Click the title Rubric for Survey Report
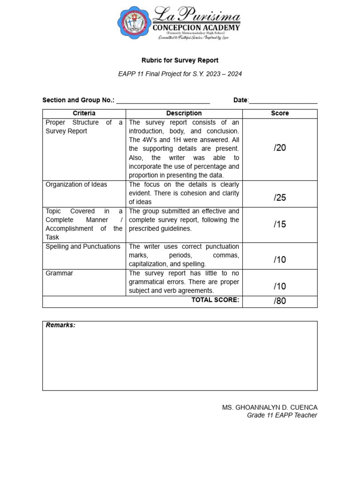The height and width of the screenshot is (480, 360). coord(180,60)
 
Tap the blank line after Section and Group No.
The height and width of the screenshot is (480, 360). coord(163,100)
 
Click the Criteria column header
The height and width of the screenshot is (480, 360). coord(84,113)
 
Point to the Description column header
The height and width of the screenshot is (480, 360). coord(184,113)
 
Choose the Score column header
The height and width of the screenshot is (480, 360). coord(280,113)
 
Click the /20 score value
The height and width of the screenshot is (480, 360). coord(280,148)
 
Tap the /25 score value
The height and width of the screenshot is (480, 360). coord(280,197)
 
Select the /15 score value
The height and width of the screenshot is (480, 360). coord(280,224)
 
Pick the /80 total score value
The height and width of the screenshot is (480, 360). coord(280,301)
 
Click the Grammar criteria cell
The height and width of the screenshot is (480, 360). coord(60,273)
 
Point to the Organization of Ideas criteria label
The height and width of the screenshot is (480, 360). coord(76,185)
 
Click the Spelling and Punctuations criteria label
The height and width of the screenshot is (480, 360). coord(83,247)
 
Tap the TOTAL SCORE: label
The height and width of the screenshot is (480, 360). coord(215,300)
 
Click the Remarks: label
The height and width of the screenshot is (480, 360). coord(60,325)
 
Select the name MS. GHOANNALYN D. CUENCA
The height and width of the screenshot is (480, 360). coord(270,407)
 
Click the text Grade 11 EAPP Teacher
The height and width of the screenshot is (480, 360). coord(282,415)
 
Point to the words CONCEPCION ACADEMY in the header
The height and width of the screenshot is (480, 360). coord(197,28)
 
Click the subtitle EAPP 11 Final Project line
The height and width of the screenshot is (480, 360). coord(180,74)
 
